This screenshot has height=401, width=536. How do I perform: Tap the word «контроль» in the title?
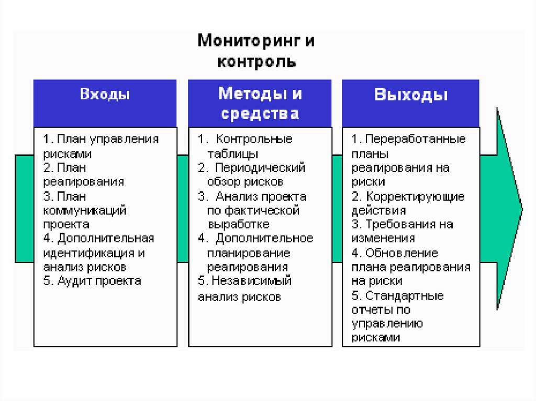[256, 63]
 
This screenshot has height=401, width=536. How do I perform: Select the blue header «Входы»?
[105, 95]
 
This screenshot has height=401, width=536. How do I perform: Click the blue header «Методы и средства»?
[260, 104]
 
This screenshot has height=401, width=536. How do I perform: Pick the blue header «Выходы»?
[411, 95]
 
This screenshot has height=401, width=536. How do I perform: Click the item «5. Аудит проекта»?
[92, 281]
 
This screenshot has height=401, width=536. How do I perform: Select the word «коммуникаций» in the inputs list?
[85, 211]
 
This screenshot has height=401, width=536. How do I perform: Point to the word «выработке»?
[239, 224]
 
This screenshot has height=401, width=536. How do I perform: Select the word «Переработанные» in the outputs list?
[415, 140]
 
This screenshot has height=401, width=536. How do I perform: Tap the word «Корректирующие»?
[415, 197]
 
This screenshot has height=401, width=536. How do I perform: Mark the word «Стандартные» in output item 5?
[405, 296]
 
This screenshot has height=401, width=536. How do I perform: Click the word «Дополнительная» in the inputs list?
[106, 238]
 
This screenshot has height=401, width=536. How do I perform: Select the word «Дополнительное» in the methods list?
[264, 238]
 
